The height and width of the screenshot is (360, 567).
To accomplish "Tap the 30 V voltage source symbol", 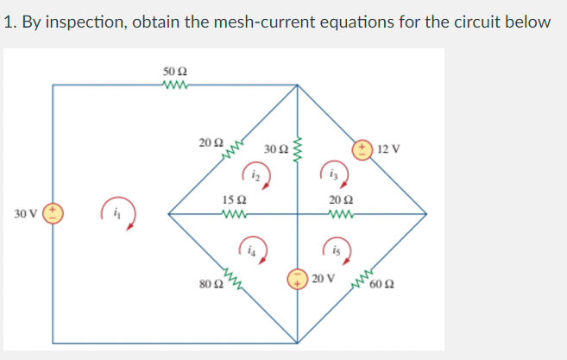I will click(54, 212).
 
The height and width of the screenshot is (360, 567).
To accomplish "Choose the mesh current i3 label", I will click(334, 174).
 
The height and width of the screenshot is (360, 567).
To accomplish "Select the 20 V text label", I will click(322, 279).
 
